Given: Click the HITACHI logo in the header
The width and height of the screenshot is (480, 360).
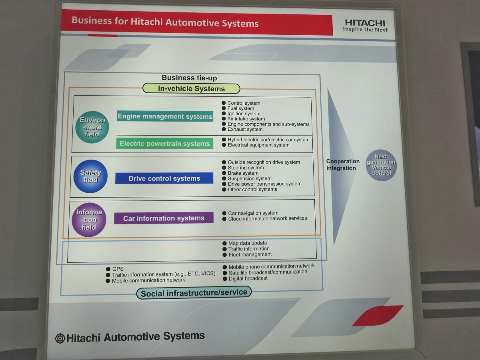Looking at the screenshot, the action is pos(365,26).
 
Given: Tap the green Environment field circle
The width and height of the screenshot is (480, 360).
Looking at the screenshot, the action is pos(92,127).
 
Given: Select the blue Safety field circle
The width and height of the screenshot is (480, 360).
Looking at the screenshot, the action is pos(90,176).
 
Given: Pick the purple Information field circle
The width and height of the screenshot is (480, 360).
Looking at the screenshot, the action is pos(89,220).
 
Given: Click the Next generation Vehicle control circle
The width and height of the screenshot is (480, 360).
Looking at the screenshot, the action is pos(381,165).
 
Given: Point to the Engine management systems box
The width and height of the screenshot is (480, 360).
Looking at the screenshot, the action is pos(165,116).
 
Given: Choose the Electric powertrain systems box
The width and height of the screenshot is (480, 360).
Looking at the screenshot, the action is pos(165,143).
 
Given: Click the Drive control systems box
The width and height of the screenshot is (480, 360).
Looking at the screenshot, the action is pos(164,178).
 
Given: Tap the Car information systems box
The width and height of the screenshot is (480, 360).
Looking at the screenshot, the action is pos(164,218).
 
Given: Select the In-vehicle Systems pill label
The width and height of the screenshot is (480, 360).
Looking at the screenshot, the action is pos(191,88).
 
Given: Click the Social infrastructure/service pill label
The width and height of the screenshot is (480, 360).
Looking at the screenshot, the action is pos(194,293).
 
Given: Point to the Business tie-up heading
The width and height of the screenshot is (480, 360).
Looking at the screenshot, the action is pos(189,78).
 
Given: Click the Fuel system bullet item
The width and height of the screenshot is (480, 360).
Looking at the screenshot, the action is pos(238,108).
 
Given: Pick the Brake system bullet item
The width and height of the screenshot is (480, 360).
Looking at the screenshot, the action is pos(240,173).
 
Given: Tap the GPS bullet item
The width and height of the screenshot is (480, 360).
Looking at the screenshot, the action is pos(115,269).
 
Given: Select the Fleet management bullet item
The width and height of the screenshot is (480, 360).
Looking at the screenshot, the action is pos(247,254).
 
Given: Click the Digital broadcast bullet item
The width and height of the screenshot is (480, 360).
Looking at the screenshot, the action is pos(245,278).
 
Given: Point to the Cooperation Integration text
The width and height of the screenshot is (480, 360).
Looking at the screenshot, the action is pos(343,164).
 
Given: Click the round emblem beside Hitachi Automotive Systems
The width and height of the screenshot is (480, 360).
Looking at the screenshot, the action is pos(60,338).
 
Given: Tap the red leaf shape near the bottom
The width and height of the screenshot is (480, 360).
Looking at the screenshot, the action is pos(378,316).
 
